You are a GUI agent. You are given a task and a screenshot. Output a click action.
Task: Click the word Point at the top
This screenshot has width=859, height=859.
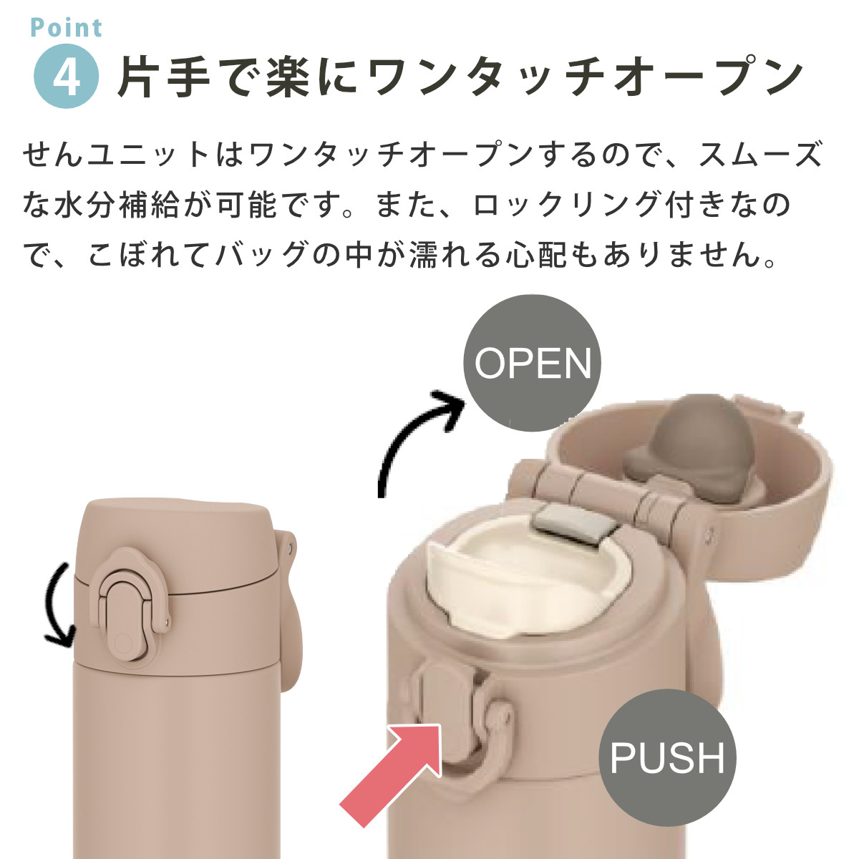coord(67,28)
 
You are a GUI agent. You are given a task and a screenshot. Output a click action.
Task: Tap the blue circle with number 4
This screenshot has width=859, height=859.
coord(67,76)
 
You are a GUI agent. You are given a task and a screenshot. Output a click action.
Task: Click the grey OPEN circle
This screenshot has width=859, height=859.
coord(533,363)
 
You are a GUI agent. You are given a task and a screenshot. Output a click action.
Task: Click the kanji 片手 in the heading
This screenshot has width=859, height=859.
coord(164,77)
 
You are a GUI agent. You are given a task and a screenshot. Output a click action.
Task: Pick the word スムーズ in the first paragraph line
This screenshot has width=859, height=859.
coord(760,154)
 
